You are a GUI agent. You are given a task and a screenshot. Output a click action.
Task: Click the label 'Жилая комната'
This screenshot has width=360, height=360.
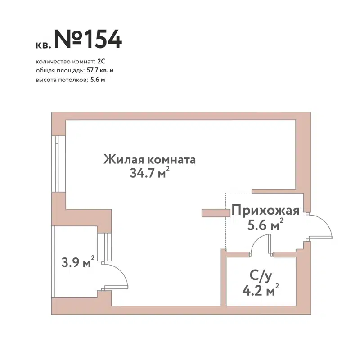149,160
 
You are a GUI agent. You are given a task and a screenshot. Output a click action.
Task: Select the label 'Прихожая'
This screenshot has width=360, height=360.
265,210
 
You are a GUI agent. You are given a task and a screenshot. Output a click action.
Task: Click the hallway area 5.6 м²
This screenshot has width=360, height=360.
265,225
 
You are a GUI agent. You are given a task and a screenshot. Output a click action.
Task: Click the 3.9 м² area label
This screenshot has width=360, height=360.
78,262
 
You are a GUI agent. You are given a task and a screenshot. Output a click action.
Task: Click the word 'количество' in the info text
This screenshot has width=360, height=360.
52,62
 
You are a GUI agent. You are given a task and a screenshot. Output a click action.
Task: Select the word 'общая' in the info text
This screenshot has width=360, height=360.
44,70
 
